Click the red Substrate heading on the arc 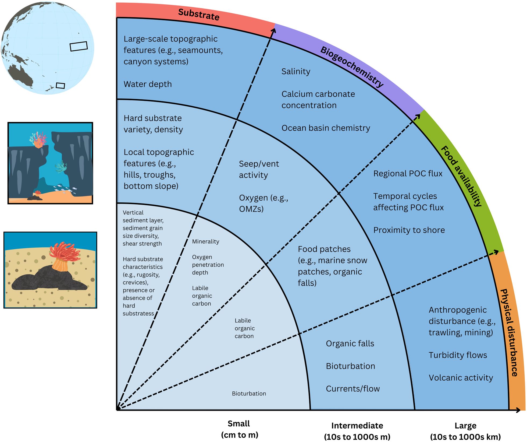(199, 14)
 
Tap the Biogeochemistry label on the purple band (352, 67)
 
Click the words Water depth (148, 84)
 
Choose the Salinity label (296, 71)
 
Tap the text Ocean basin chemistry (326, 128)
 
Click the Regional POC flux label (408, 174)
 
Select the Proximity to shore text (409, 230)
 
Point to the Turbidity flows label (458, 355)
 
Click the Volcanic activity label (461, 378)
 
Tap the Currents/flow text (353, 389)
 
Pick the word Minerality (205, 241)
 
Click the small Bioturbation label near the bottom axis (249, 394)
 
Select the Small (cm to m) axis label (239, 429)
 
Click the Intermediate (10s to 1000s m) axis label (357, 431)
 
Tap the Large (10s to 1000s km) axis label (465, 431)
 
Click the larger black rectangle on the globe (79, 46)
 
